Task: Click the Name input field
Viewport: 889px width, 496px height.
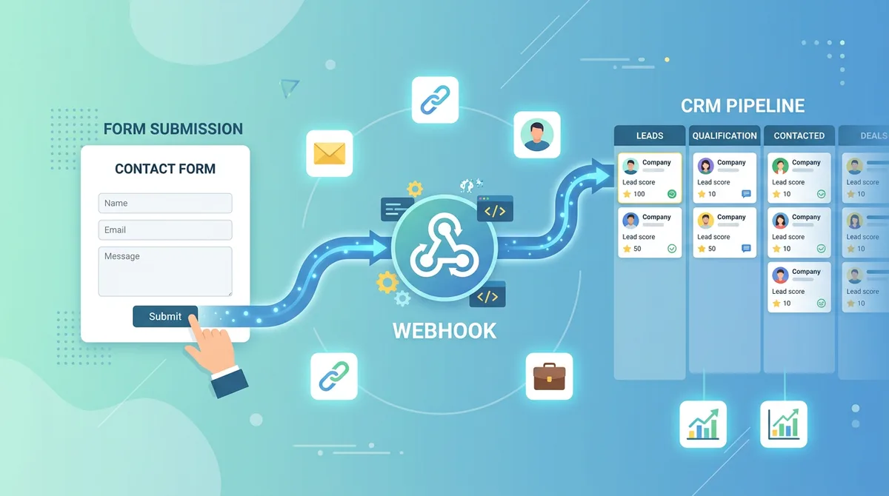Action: [x=164, y=203]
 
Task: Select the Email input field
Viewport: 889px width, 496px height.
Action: [x=164, y=229]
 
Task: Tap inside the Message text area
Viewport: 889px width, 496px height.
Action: [x=164, y=272]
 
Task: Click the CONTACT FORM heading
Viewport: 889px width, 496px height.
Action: [x=165, y=169]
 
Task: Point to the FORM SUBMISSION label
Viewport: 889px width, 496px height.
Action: [x=173, y=129]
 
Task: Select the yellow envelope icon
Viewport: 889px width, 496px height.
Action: [x=330, y=153]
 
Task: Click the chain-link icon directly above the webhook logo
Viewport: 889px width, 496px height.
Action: [x=434, y=100]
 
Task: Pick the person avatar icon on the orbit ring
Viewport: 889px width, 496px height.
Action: [x=536, y=135]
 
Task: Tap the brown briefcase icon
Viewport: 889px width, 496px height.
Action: [x=549, y=376]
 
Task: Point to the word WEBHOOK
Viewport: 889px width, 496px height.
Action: [x=444, y=330]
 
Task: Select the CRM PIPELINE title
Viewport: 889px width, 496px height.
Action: [x=742, y=106]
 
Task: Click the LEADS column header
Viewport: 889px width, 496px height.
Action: [x=650, y=135]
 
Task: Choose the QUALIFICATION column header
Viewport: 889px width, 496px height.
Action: [x=725, y=135]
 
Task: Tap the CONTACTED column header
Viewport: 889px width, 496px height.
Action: [x=799, y=135]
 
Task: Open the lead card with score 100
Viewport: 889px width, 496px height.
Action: [x=650, y=178]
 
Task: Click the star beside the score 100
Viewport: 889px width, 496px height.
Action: [x=627, y=194]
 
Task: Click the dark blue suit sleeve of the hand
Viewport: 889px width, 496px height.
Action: [x=228, y=380]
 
